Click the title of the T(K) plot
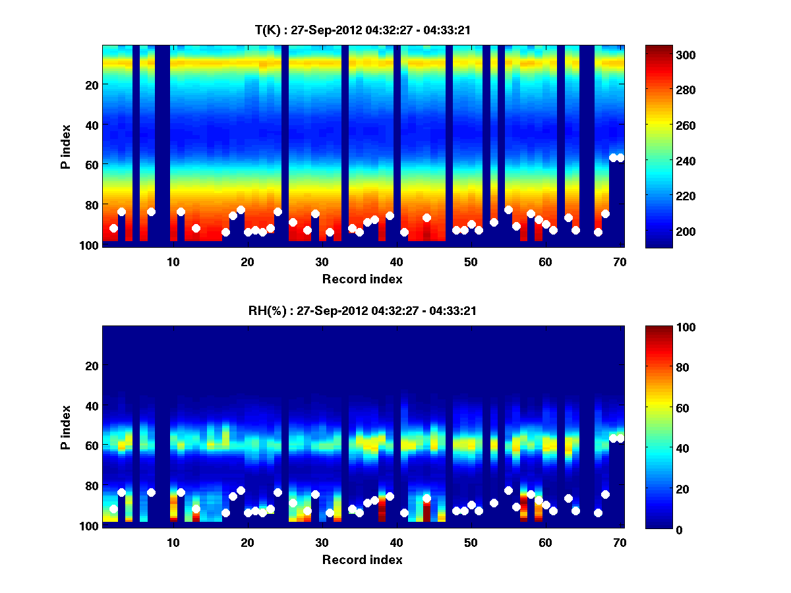363,30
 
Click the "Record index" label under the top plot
363,279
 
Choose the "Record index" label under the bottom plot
363,559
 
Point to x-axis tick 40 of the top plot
396,262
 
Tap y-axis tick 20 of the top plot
91,84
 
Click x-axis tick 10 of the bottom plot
173,542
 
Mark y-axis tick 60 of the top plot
91,164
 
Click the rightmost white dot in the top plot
620,157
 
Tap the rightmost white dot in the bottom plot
620,438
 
